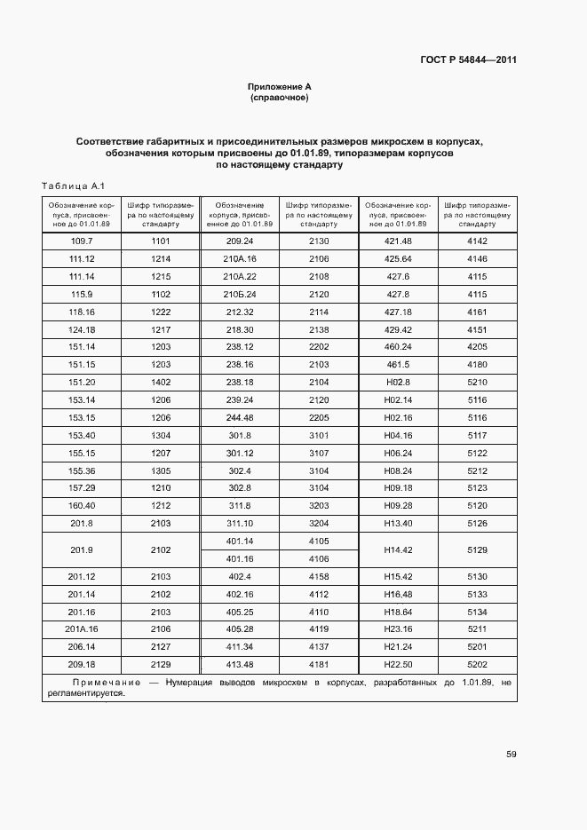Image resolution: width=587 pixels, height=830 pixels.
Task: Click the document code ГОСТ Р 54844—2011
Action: [468, 60]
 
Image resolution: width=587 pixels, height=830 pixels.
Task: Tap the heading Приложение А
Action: [280, 87]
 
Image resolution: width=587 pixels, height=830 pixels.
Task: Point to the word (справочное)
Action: [280, 98]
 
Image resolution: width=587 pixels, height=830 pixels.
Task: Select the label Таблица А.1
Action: [74, 186]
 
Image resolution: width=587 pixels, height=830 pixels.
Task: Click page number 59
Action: [512, 755]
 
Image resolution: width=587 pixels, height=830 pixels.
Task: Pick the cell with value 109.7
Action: [82, 241]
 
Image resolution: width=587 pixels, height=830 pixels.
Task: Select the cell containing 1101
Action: [161, 241]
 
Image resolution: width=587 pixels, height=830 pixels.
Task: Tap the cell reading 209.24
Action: [240, 241]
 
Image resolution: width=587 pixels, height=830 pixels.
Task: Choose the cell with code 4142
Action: [478, 241]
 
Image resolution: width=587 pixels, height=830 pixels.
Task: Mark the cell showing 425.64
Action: [398, 259]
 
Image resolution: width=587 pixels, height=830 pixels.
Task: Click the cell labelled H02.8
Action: [398, 383]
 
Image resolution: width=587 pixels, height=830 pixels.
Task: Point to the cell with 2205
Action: [319, 417]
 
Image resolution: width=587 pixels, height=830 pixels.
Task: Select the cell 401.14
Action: [240, 541]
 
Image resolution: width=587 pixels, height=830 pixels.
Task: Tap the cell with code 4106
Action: [319, 559]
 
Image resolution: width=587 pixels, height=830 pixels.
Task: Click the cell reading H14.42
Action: [398, 550]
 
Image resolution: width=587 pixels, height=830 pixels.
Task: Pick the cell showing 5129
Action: [478, 550]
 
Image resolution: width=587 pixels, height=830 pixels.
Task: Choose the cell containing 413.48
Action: [240, 664]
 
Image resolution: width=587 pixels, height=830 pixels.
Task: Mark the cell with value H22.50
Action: [398, 664]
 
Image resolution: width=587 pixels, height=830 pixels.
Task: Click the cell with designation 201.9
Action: [82, 550]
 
